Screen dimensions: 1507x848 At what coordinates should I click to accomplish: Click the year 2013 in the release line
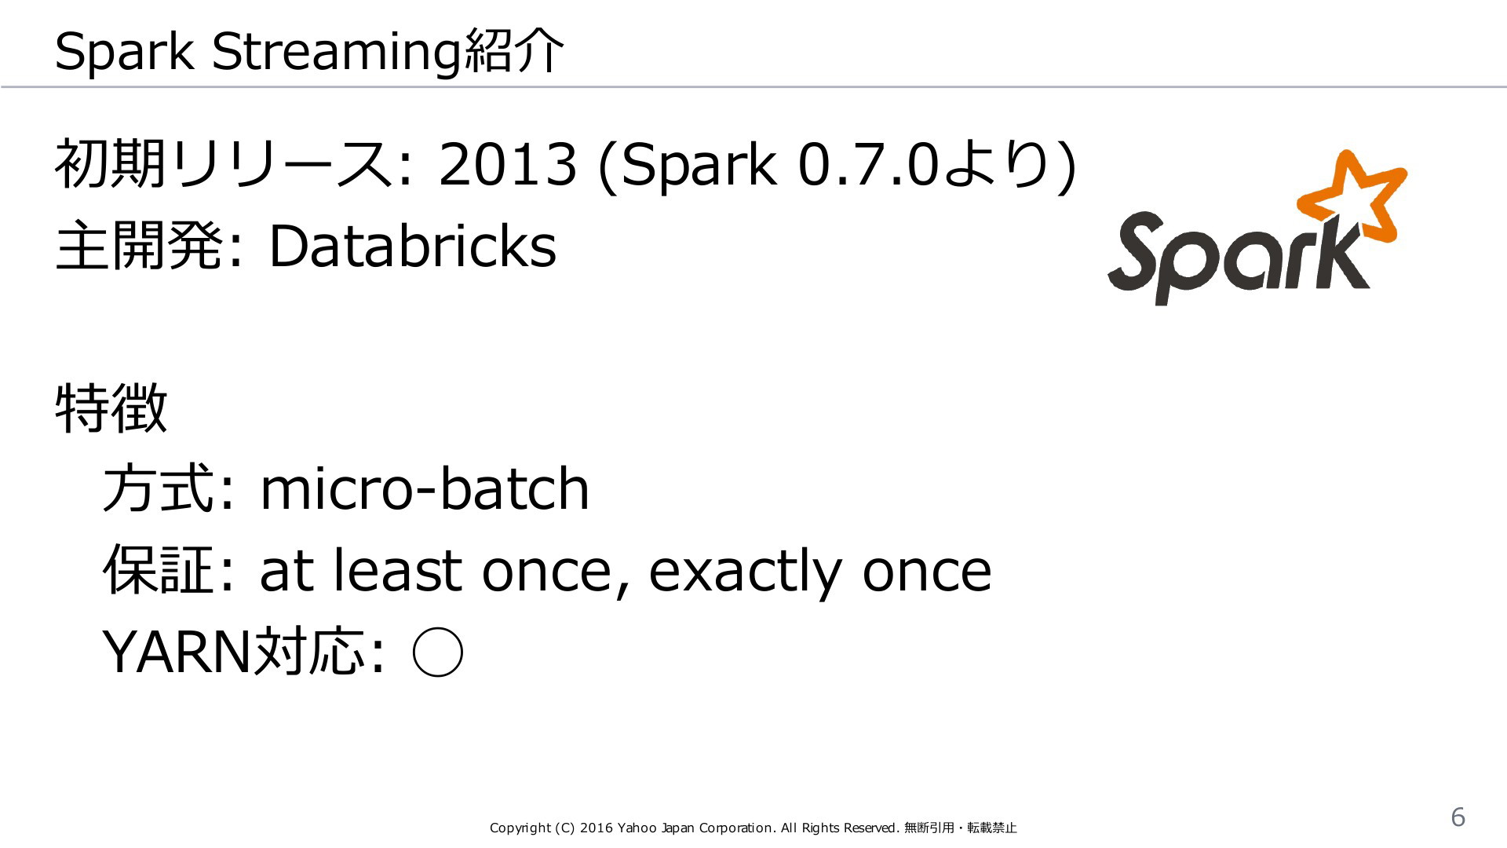pos(508,165)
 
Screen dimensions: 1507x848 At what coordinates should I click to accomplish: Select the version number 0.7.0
pos(868,165)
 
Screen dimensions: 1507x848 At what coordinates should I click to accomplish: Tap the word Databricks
pos(413,246)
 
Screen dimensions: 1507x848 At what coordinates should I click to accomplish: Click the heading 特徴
pos(111,408)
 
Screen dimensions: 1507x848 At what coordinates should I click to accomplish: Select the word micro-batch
pos(424,488)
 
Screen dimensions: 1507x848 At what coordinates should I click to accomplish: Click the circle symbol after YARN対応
pos(437,652)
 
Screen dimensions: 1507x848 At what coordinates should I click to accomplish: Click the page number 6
pos(1458,817)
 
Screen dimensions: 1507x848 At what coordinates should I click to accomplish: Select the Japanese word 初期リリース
pos(223,165)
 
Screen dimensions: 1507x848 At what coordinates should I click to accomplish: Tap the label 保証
pos(159,570)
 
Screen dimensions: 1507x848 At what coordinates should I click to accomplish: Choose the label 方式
pos(159,488)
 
